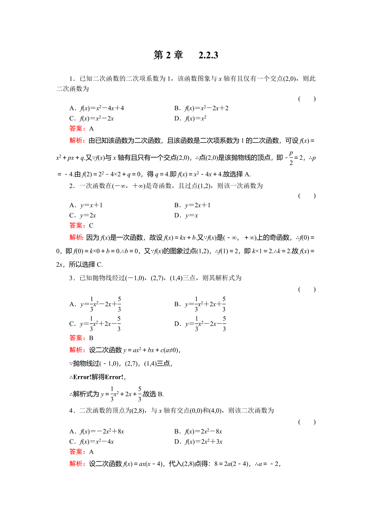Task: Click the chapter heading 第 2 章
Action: (168, 55)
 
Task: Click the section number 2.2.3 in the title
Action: (209, 55)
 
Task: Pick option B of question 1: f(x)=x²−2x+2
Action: (201, 108)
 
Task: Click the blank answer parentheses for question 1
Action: (307, 99)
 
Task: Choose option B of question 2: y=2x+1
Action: (192, 205)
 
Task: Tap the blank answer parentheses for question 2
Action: (307, 196)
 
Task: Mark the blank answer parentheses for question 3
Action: (307, 289)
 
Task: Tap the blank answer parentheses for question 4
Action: (307, 422)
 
